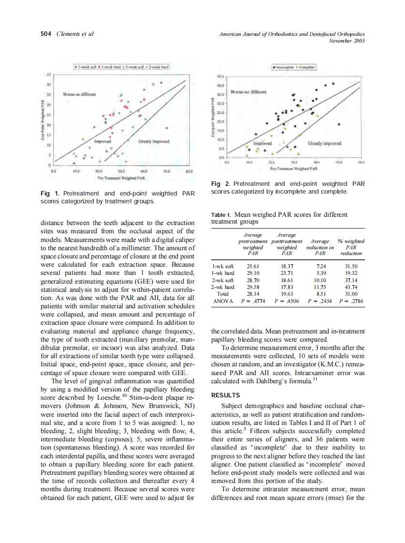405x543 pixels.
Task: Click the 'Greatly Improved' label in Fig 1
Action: pyautogui.click(x=154, y=141)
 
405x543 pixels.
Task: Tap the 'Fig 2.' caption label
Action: pyautogui.click(x=221, y=183)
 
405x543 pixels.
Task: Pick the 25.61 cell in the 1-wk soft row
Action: pyautogui.click(x=253, y=266)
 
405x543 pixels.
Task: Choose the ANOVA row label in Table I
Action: pyautogui.click(x=223, y=301)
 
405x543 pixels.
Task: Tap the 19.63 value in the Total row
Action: pyautogui.click(x=287, y=294)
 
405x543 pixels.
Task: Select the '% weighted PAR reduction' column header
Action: pyautogui.click(x=351, y=247)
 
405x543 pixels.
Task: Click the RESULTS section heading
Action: pyautogui.click(x=226, y=395)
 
